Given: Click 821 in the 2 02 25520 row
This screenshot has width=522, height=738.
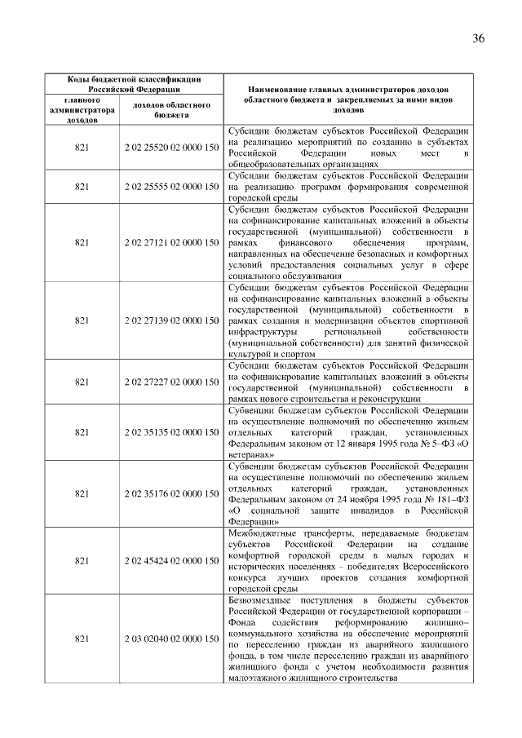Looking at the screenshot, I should [x=82, y=148].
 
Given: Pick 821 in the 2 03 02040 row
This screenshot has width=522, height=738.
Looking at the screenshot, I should [x=82, y=638].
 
